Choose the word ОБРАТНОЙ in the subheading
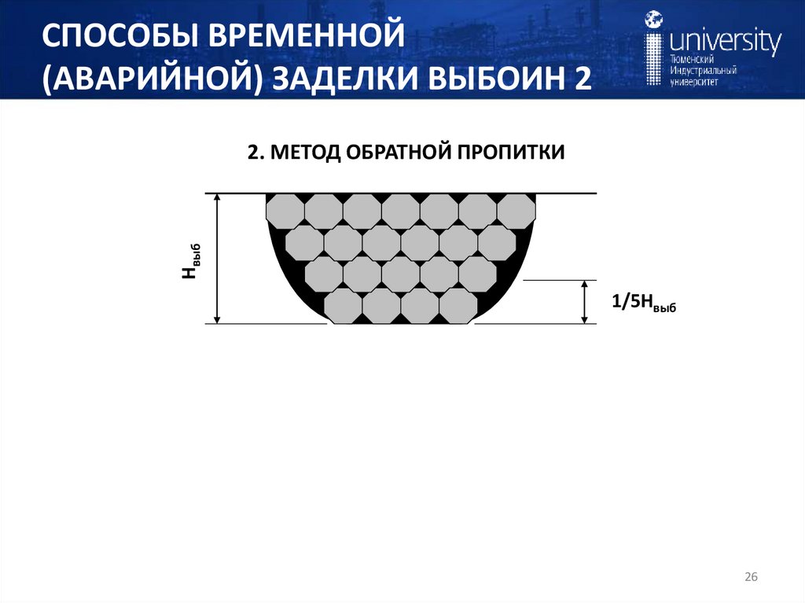tap(393, 152)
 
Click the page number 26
tap(751, 578)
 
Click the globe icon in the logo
tap(653, 19)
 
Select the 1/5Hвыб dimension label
tap(643, 302)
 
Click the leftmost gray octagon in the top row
tap(285, 210)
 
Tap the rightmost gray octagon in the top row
tap(516, 210)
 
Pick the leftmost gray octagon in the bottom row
tap(343, 307)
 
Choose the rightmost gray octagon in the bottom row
tap(458, 307)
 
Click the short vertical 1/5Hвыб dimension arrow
tap(584, 302)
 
